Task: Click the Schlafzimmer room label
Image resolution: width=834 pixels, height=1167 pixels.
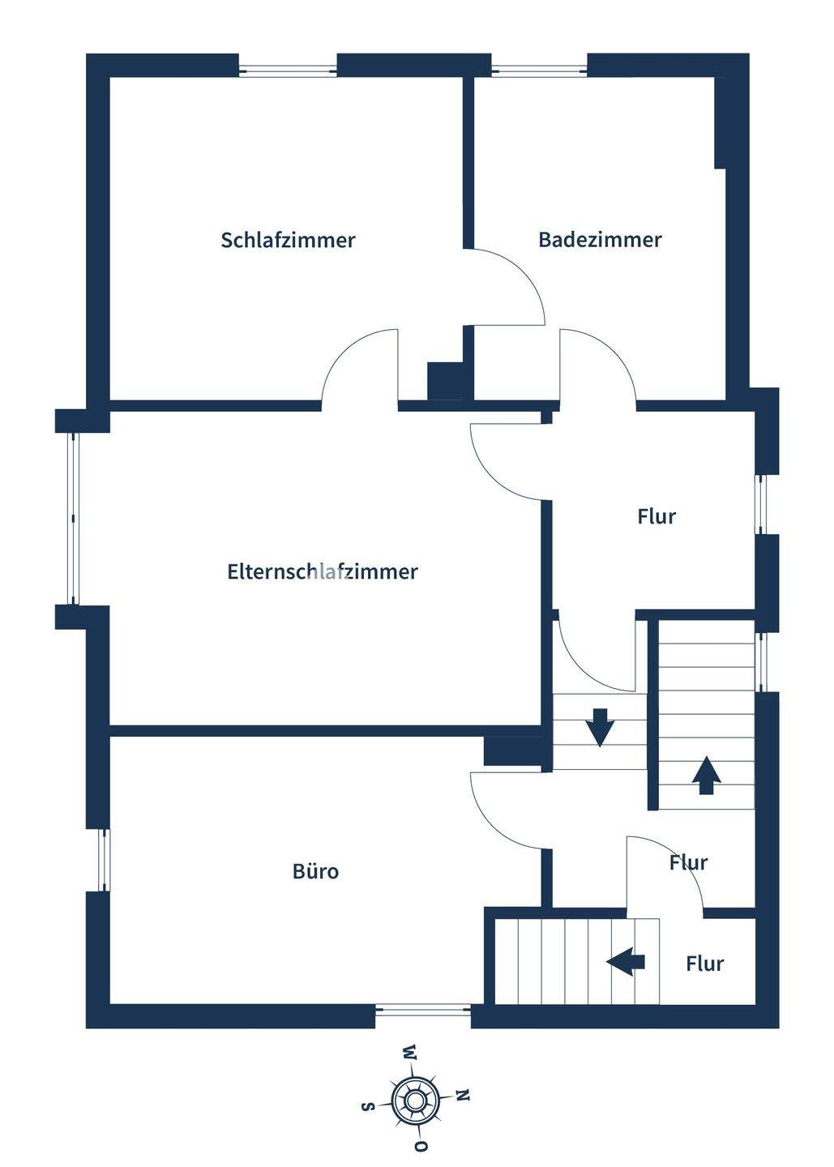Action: [288, 240]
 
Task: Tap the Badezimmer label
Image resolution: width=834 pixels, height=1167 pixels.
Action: [600, 240]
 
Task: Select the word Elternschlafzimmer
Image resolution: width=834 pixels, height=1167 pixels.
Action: [323, 571]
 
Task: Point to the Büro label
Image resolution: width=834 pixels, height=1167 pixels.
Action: [315, 871]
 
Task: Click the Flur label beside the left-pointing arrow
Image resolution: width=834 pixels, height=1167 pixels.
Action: [704, 964]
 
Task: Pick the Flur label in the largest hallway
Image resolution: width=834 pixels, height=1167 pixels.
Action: [657, 516]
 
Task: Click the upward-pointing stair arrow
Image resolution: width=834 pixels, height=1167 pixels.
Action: [707, 775]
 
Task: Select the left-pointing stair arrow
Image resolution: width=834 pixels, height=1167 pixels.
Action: [626, 962]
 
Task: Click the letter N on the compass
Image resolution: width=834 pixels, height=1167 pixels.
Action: [463, 1096]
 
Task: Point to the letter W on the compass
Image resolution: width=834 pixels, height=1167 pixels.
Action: [409, 1053]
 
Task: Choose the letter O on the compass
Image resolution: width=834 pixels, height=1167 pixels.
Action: [421, 1146]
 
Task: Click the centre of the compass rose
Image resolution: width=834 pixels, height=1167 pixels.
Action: [415, 1100]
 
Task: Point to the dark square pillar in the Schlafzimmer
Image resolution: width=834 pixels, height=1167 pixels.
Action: [445, 380]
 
